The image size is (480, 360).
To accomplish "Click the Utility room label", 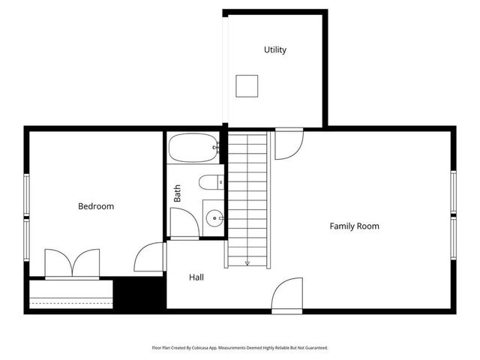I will coord(275,50).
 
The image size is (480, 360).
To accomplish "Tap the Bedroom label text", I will coord(96,206).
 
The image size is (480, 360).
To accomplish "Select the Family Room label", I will coord(355,226).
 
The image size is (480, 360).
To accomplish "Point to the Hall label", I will coord(196,277).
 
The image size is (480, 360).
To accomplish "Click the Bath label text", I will coord(178,194).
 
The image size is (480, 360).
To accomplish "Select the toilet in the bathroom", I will coord(211,182).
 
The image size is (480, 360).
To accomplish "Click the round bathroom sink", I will coord(214,219).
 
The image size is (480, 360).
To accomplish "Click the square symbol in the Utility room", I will coord(247,86).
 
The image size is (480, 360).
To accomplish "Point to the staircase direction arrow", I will coord(247,262).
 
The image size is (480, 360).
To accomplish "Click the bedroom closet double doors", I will coord(72,263).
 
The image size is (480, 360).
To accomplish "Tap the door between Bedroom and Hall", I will coord(151,257).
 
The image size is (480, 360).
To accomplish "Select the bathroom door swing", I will coord(183,223).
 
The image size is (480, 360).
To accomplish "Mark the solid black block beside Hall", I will coord(139,293).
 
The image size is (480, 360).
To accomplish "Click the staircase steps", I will coord(247,195).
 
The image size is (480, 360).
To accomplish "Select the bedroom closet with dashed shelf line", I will coord(70,294).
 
